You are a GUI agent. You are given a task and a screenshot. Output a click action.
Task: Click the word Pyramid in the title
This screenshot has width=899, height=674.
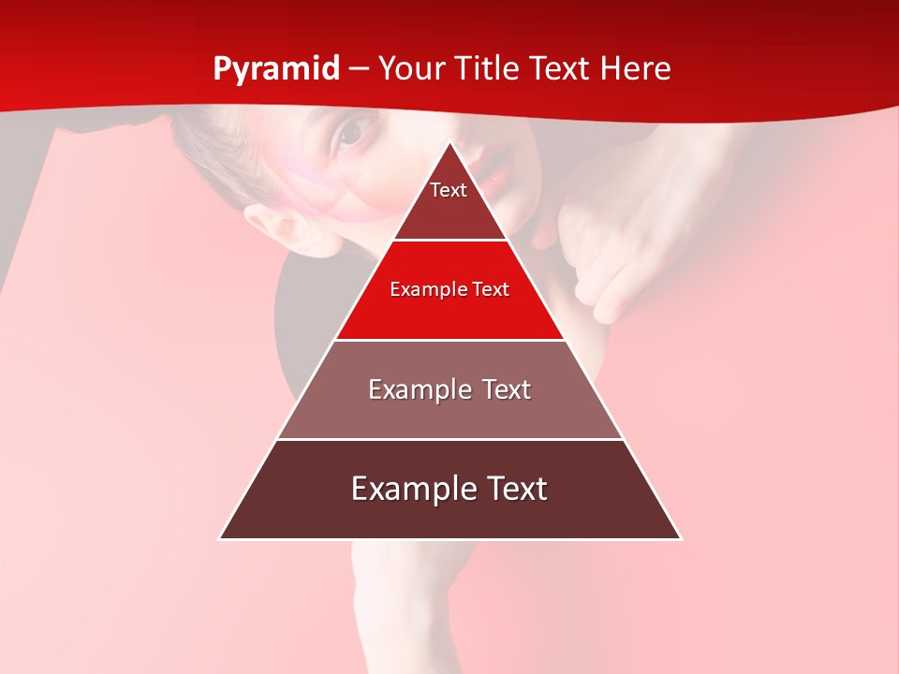(276, 69)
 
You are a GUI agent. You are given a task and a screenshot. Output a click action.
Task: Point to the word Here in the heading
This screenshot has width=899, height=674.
(635, 69)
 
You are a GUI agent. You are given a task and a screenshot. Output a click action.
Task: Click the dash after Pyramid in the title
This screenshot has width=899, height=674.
(359, 70)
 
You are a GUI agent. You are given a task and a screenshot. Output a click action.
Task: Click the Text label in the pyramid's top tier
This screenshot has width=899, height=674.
(449, 190)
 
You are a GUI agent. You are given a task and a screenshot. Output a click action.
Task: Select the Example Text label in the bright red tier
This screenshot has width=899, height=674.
(449, 289)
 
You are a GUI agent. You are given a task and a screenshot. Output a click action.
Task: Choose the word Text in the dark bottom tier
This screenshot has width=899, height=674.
(515, 489)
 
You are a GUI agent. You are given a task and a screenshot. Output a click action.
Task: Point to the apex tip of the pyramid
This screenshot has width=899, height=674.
(450, 143)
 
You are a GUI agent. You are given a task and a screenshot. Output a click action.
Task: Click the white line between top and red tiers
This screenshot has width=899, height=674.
(449, 241)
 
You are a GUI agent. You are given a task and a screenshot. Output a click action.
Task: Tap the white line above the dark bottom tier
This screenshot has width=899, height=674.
(449, 439)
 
